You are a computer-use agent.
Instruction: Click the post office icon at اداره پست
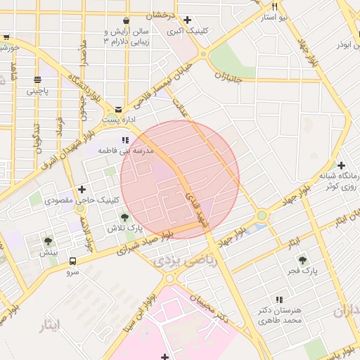click(x=117, y=109)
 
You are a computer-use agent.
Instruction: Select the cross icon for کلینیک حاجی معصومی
click(x=82, y=188)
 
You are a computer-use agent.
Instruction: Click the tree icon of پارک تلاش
click(x=124, y=217)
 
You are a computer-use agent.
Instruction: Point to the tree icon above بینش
click(x=48, y=240)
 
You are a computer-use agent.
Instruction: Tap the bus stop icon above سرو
click(x=72, y=260)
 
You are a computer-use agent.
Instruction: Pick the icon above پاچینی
click(x=37, y=79)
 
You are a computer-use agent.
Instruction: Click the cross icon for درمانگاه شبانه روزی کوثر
click(x=341, y=165)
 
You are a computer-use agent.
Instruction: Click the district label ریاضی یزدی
click(x=177, y=261)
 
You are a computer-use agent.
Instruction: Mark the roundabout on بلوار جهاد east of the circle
click(x=262, y=215)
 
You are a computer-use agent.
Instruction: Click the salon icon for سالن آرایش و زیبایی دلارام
click(x=125, y=20)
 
